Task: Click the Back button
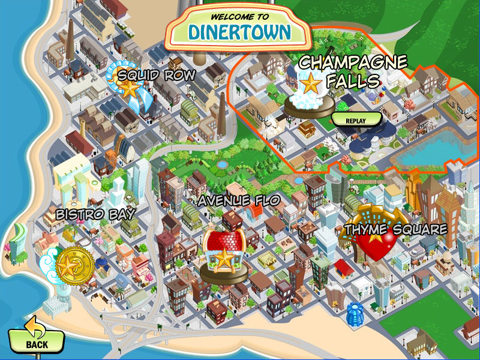36,340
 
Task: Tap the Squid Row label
157,75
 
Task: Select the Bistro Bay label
95,214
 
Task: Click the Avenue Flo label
239,200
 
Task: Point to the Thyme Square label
395,229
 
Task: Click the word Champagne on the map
353,62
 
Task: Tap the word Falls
355,80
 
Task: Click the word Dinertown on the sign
239,31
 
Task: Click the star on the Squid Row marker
129,88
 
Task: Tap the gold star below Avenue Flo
224,259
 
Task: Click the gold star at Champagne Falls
311,85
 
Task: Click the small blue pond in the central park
222,164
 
